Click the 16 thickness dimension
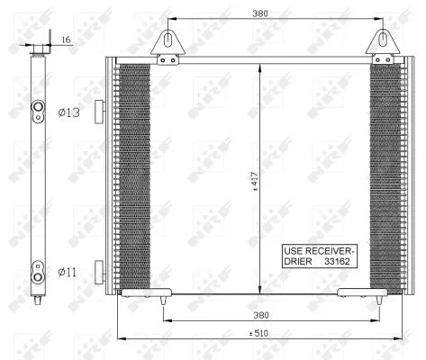point(67,40)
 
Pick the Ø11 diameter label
point(68,270)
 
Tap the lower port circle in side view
point(39,267)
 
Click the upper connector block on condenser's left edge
point(101,110)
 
